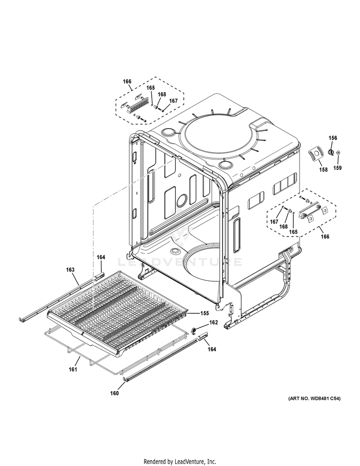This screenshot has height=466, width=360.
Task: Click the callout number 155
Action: pyautogui.click(x=204, y=313)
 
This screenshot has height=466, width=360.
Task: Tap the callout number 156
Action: pyautogui.click(x=333, y=138)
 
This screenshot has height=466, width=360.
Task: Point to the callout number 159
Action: pyautogui.click(x=338, y=168)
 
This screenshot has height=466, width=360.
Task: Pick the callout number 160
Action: pyautogui.click(x=114, y=393)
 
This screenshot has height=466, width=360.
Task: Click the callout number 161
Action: pyautogui.click(x=72, y=370)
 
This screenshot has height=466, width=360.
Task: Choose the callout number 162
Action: pyautogui.click(x=213, y=322)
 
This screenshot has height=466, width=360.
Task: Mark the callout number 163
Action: pyautogui.click(x=70, y=270)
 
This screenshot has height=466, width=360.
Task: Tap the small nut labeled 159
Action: pyautogui.click(x=339, y=153)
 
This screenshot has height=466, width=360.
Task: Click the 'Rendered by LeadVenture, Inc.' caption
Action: pyautogui.click(x=180, y=461)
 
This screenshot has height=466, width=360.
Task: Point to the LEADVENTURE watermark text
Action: pyautogui.click(x=180, y=262)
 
